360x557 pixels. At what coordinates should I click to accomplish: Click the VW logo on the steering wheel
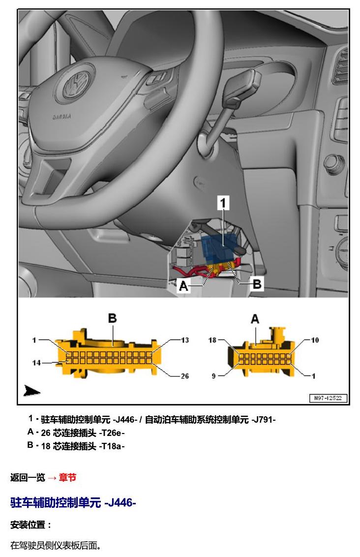click(x=77, y=84)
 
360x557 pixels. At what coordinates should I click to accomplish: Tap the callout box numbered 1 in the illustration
click(x=223, y=203)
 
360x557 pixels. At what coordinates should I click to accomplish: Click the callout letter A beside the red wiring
click(x=183, y=285)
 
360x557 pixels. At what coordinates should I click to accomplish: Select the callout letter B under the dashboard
click(x=257, y=284)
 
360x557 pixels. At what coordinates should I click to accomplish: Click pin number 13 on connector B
click(x=184, y=340)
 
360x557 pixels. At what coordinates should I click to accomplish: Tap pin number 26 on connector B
click(x=184, y=376)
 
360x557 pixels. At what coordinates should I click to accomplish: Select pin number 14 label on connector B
click(x=36, y=363)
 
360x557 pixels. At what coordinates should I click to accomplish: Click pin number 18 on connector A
click(x=212, y=340)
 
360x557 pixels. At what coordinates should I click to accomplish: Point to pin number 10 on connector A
click(x=315, y=340)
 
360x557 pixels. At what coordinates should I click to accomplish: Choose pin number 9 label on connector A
click(x=214, y=376)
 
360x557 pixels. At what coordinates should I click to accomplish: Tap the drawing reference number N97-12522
click(x=328, y=398)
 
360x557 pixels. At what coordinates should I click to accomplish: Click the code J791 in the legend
click(x=264, y=420)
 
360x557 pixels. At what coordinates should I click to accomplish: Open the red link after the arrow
click(x=67, y=477)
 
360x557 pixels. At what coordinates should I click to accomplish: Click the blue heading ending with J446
click(x=73, y=503)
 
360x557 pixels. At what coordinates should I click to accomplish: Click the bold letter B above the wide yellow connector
click(x=112, y=318)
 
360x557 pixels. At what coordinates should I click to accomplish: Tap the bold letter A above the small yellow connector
click(x=255, y=319)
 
